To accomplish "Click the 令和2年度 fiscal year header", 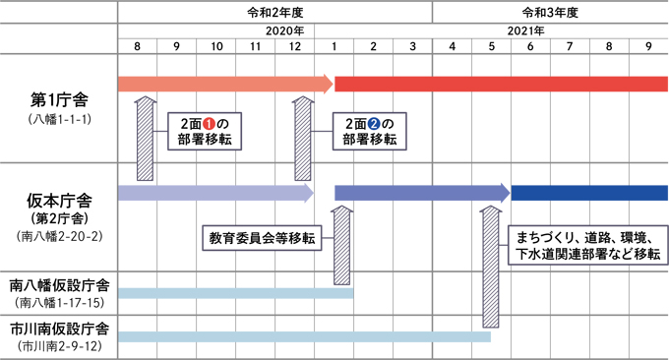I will point(274,12).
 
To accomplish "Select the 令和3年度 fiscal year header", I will point(549,12).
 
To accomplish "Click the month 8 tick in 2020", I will point(137,46).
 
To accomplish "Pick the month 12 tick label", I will point(295,46).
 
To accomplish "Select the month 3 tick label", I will point(412,46).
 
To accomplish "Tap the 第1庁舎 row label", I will point(59,99).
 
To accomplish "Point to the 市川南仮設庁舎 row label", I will point(59,328).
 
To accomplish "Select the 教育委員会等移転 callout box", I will point(263,238).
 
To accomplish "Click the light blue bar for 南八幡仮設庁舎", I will point(236,292).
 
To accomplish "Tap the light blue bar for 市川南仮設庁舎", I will point(305,336).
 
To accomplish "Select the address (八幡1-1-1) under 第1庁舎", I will point(59,118).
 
